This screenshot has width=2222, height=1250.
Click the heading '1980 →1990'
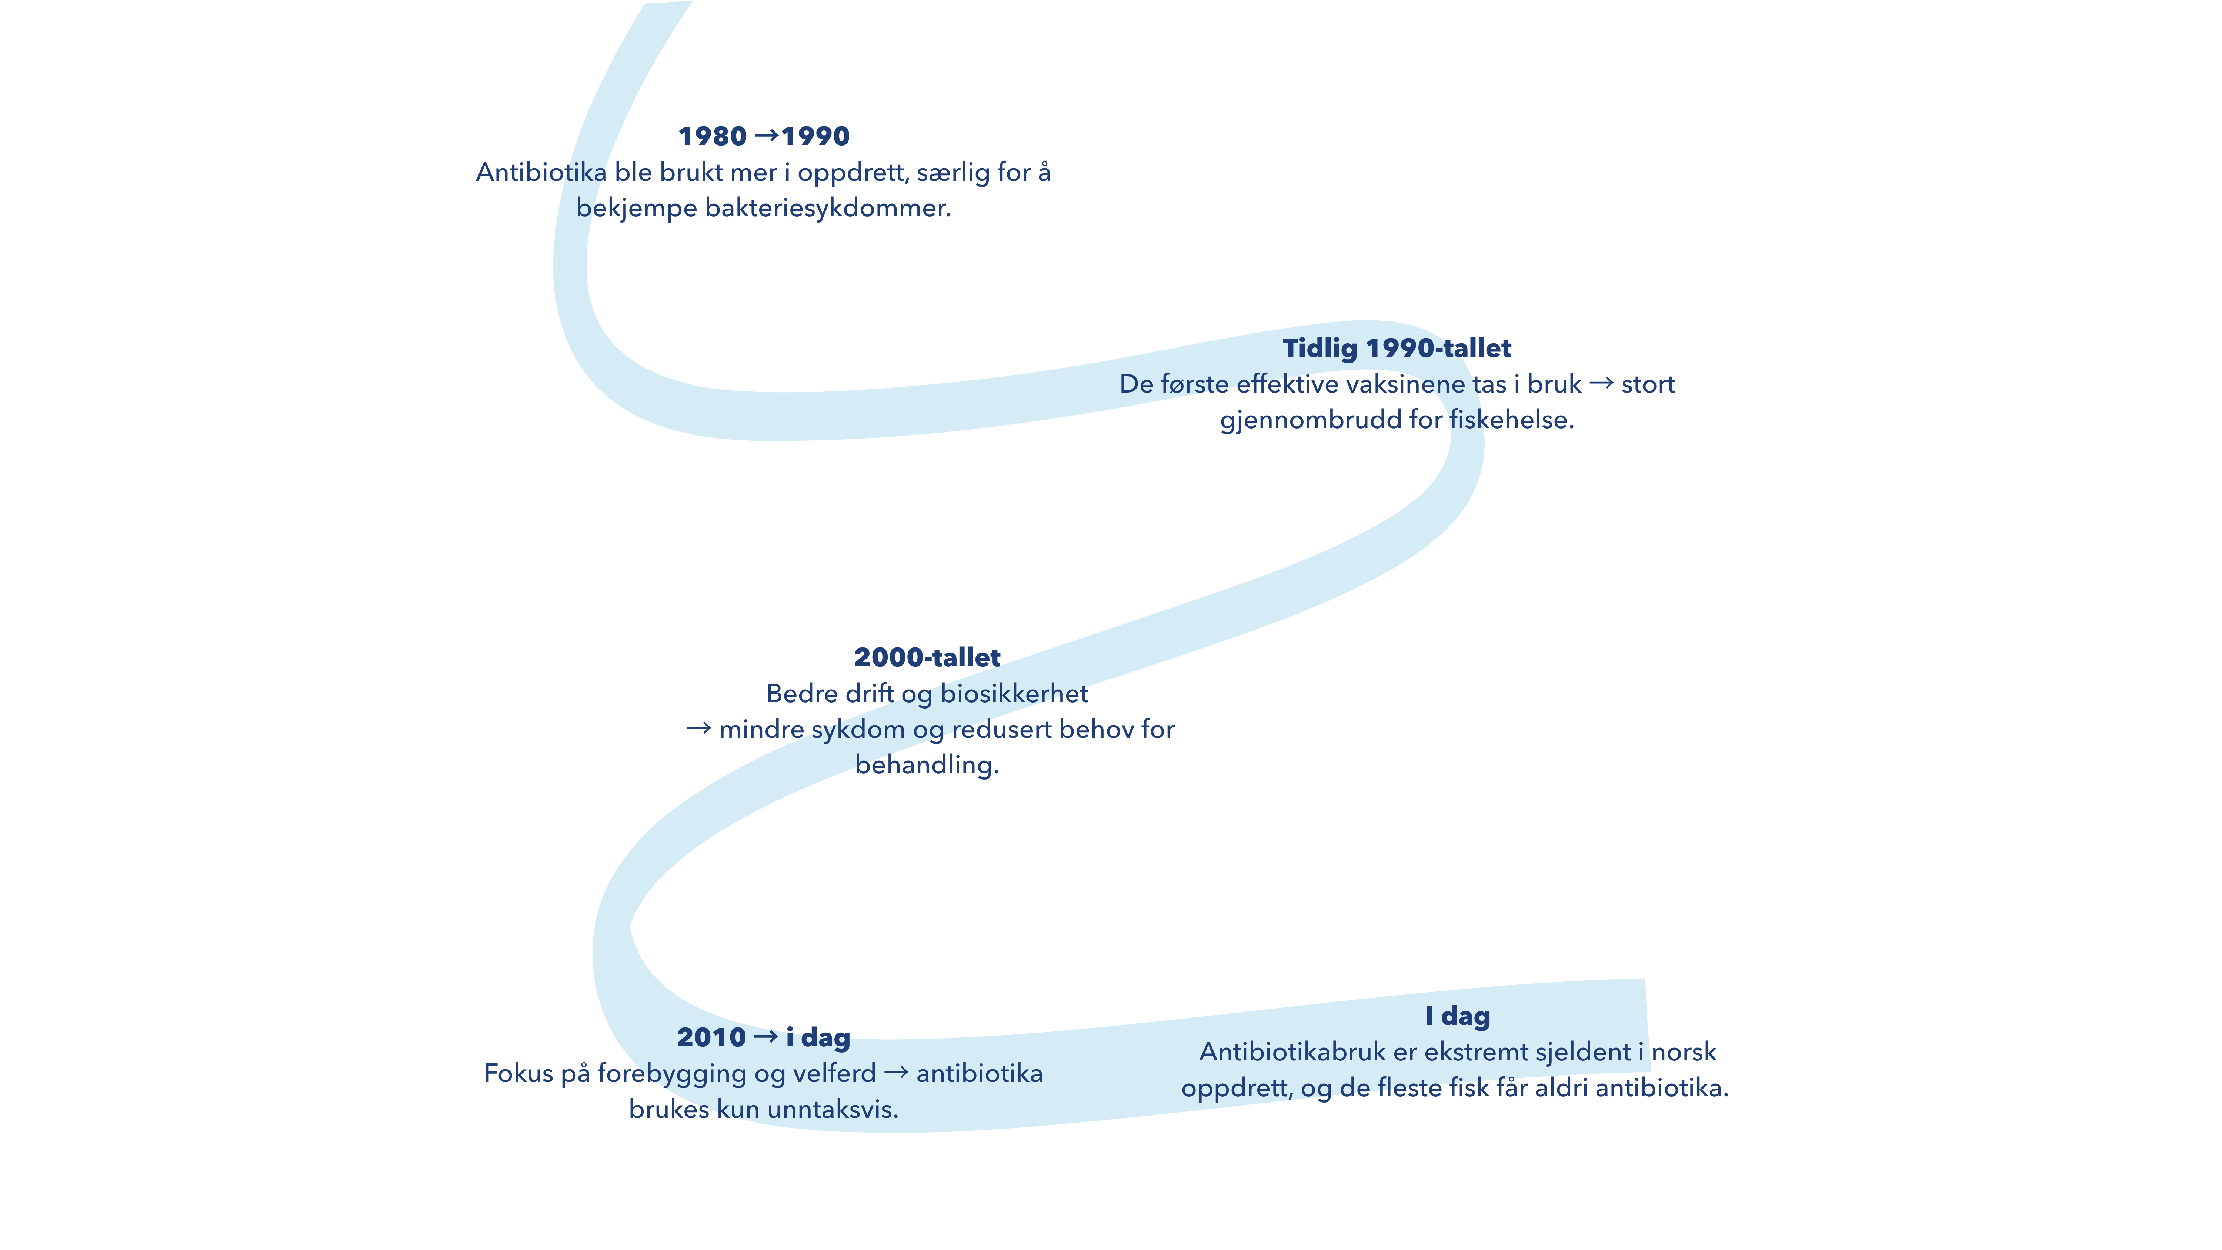coord(763,136)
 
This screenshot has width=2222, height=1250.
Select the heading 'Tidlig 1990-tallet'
coord(1397,349)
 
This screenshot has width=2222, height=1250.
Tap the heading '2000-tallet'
coord(927,657)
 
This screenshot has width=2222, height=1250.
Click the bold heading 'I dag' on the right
coord(1458,1016)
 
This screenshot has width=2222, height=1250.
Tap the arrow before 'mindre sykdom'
coord(699,728)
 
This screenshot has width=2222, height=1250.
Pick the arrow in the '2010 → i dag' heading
coord(766,1036)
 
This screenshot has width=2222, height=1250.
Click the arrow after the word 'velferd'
coord(896,1072)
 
